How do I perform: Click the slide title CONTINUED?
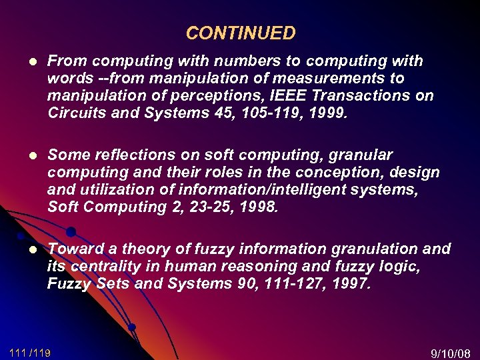click(x=240, y=33)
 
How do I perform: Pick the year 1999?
click(x=325, y=113)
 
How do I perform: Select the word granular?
click(x=358, y=155)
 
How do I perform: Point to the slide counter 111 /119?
click(x=30, y=351)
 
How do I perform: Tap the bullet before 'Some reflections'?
click(x=29, y=155)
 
